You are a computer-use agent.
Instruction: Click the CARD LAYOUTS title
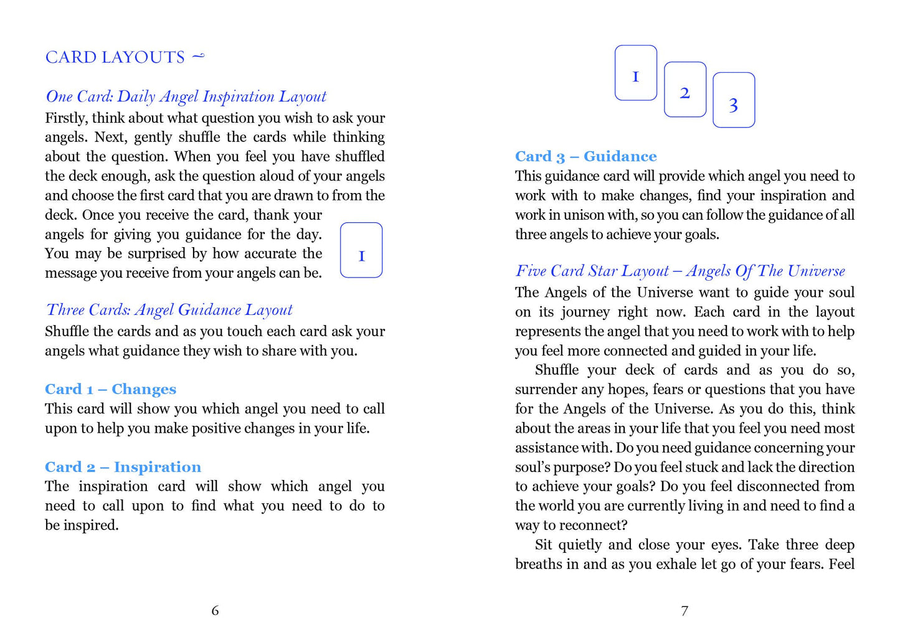[115, 57]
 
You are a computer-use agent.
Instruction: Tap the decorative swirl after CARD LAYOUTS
[197, 57]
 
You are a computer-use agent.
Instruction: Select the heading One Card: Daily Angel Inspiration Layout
[186, 96]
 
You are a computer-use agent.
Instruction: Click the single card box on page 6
[361, 250]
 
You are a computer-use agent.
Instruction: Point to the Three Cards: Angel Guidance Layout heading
[169, 310]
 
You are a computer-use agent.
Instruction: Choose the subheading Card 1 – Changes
[110, 389]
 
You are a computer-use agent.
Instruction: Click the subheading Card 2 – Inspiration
[123, 467]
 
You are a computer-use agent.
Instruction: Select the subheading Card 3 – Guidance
[585, 156]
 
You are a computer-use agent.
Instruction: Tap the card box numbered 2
[684, 90]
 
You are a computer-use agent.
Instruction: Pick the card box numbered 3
[733, 100]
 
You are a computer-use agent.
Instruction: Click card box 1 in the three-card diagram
[635, 73]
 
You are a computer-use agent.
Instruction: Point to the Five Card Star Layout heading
[680, 271]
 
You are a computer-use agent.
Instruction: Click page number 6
[215, 610]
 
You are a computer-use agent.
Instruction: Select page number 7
[684, 610]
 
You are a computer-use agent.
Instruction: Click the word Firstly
[66, 118]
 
